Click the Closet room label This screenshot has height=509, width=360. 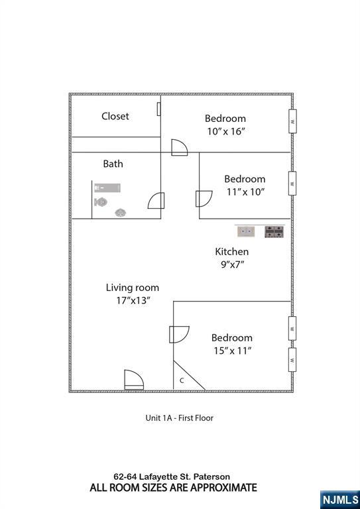click(x=115, y=116)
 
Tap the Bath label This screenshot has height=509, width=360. click(x=113, y=164)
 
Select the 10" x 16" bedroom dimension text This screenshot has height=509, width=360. click(x=225, y=131)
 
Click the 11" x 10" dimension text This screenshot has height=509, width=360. click(x=245, y=192)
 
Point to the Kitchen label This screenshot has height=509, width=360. click(x=232, y=252)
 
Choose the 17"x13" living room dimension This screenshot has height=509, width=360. click(x=133, y=301)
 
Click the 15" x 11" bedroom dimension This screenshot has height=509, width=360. click(x=231, y=351)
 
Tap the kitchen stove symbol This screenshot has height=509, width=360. click(x=274, y=232)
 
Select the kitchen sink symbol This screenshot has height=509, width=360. click(x=246, y=232)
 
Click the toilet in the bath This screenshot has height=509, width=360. click(x=101, y=202)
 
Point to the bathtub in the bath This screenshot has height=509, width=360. click(x=107, y=188)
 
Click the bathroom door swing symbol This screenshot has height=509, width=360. click(x=156, y=200)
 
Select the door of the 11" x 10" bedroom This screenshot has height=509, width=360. click(x=204, y=199)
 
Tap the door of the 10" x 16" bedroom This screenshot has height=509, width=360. click(x=180, y=148)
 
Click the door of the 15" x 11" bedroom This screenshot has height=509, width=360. click(x=179, y=334)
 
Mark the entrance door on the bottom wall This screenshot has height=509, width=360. click(x=134, y=380)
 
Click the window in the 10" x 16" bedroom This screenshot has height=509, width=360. click(x=292, y=121)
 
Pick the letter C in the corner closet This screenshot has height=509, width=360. click(x=182, y=380)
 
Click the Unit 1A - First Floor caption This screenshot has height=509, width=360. click(x=179, y=418)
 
